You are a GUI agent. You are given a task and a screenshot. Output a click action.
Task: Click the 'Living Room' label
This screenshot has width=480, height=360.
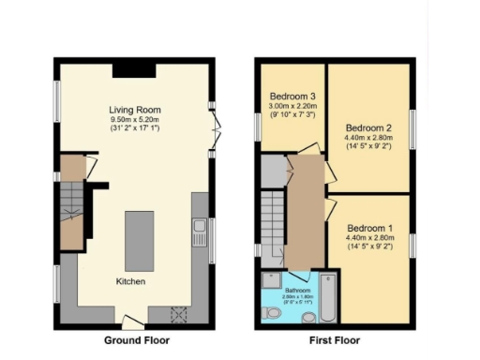pos(130,110)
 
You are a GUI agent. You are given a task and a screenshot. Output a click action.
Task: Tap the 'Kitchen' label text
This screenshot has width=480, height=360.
pos(130,281)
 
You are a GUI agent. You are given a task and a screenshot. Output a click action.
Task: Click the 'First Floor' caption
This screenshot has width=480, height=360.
pos(333,340)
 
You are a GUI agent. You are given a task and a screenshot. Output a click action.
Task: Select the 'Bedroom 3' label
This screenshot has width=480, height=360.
pos(292,96)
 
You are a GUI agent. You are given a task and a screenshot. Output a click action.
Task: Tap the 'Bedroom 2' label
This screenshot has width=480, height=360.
pos(367,127)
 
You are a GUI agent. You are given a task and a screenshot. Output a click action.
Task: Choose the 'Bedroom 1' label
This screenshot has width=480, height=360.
pos(369,228)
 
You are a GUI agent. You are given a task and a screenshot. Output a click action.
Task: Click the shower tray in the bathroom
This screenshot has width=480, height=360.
pos(273,279)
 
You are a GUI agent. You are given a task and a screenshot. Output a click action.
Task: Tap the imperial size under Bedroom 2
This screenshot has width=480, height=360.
pos(367,147)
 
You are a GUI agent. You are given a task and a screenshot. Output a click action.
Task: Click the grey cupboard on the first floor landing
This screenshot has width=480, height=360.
pos(272,171)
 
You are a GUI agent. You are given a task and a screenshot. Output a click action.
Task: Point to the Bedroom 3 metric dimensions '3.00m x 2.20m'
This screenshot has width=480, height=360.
pos(292,106)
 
